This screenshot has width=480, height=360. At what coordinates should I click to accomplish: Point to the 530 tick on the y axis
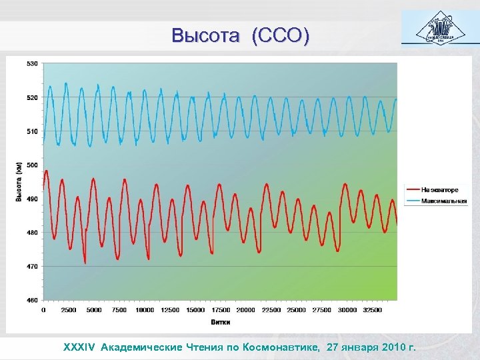[x=32, y=63]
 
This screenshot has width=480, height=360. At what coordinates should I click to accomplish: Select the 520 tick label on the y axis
[x=32, y=97]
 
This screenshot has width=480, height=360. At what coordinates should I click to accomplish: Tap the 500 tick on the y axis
[x=32, y=165]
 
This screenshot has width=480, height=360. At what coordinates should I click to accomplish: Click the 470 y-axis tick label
[x=32, y=267]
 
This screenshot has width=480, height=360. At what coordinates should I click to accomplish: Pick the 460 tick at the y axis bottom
[x=32, y=301]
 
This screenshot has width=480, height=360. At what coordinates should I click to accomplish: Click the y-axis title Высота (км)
[x=19, y=181]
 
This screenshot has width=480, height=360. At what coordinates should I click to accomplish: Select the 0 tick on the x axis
[x=44, y=310]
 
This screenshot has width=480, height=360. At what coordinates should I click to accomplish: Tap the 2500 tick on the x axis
[x=69, y=310]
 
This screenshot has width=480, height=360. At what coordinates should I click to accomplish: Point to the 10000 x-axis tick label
[x=145, y=310]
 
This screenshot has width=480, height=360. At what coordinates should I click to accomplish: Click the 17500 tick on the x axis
[x=221, y=310]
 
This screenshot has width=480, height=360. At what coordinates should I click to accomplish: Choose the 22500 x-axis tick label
[x=271, y=310]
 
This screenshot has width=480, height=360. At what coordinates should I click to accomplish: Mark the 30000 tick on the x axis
[x=347, y=310]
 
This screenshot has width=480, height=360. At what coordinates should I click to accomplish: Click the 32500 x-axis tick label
[x=373, y=310]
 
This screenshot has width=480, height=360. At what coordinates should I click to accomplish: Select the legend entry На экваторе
[x=439, y=190]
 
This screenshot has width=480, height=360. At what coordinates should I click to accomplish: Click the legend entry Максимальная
[x=443, y=200]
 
